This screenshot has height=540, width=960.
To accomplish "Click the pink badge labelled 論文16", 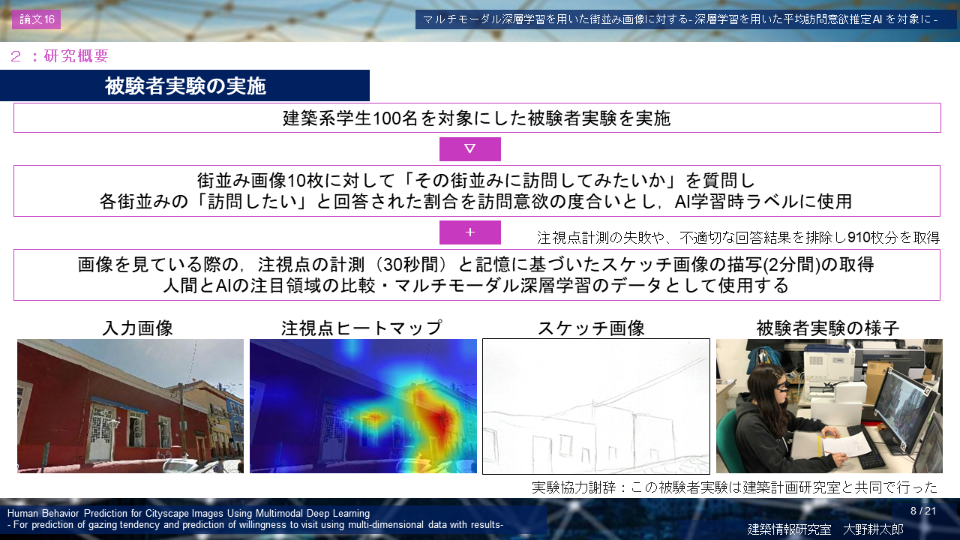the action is point(37,19).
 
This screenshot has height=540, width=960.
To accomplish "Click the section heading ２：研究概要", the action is point(59,56).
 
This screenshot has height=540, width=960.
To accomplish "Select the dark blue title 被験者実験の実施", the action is point(185,85).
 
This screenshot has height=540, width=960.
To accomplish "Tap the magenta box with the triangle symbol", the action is point(470,149).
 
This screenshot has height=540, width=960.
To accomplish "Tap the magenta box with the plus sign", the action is point(470,232).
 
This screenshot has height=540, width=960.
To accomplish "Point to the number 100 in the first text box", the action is point(388,118).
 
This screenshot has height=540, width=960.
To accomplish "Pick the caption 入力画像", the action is point(137,328).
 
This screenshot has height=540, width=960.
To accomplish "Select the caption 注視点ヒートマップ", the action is point(361,328).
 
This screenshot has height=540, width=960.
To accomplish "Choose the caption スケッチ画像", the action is point(591,328).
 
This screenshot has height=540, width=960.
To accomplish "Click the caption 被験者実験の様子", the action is point(827,328).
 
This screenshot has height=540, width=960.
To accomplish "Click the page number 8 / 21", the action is point(923,511).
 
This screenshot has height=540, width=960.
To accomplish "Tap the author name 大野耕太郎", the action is point(874,529).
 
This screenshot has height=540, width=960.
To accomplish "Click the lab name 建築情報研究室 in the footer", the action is point(789,529).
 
